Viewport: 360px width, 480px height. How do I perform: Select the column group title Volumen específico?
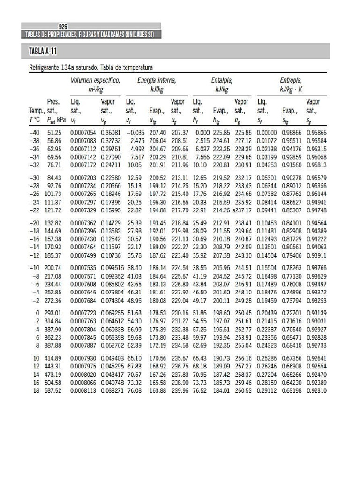click(x=95, y=81)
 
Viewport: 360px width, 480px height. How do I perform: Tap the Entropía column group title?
click(x=291, y=81)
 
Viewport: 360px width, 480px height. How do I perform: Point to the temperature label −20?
click(x=32, y=223)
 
